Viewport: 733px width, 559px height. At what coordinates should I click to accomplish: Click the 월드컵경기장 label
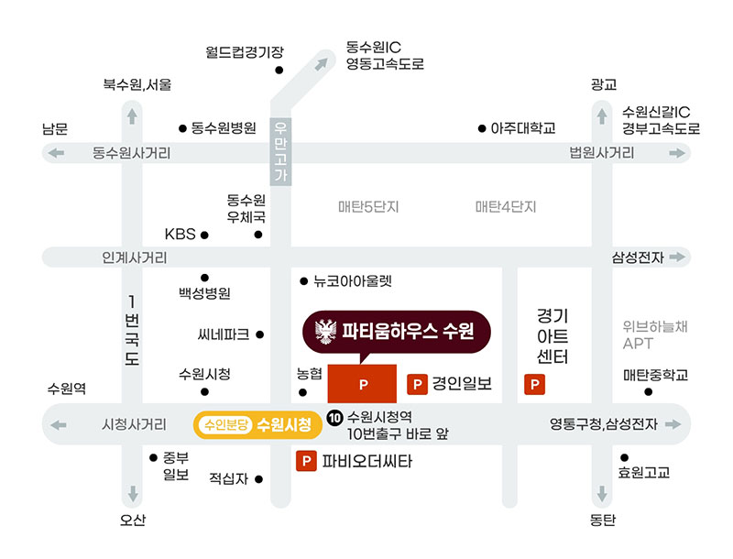pos(245,52)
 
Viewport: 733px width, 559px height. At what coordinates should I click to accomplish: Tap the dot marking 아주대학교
pos(482,128)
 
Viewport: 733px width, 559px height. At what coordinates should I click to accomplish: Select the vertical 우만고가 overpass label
pos(280,151)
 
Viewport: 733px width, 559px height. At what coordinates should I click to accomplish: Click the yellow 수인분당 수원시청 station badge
pos(257,425)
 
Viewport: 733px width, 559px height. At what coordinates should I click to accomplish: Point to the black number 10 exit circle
pos(334,417)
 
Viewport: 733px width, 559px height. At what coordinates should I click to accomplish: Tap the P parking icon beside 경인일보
pos(418,385)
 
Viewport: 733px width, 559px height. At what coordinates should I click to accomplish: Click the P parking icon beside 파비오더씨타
pos(306,461)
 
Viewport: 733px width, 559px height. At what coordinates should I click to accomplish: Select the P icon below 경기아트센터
pos(534,385)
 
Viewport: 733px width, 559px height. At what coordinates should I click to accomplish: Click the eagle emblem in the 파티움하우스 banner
pos(326,332)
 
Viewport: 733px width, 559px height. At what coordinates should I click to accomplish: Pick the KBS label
pos(180,234)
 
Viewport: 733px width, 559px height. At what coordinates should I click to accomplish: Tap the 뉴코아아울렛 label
pos(353,281)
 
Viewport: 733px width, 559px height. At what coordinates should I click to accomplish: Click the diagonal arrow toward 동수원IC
pos(322,64)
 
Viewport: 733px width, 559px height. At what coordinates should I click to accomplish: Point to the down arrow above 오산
pos(133,494)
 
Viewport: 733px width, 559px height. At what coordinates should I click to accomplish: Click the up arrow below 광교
pos(602,116)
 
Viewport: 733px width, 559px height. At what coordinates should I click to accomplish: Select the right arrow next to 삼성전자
pos(677,257)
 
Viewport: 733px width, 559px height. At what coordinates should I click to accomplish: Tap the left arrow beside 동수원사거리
pos(56,153)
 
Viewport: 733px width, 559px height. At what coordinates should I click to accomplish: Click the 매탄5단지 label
pos(368,206)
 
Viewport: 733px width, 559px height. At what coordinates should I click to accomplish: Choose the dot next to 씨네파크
pos(260,334)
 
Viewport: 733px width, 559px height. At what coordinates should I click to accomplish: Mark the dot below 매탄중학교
pos(649,391)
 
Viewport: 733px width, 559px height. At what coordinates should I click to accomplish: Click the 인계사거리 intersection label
pos(135,258)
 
